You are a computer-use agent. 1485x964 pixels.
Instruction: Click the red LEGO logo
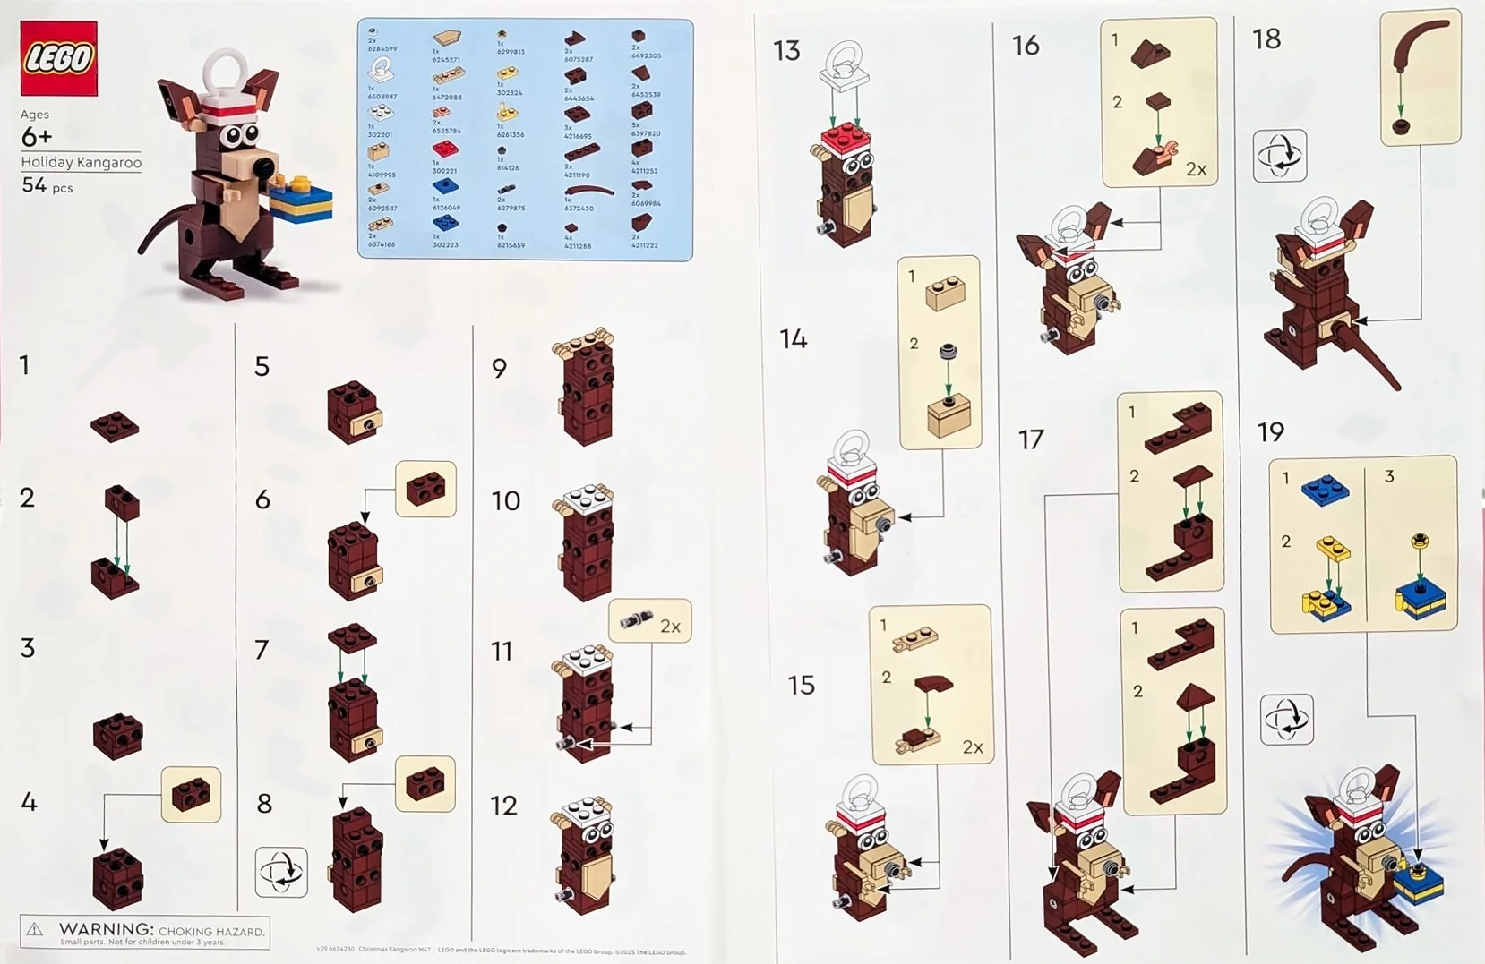[59, 58]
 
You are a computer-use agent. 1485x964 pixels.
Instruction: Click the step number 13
[786, 51]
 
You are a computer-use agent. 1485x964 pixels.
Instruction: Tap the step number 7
[262, 649]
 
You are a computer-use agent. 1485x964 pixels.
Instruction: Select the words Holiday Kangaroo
[82, 162]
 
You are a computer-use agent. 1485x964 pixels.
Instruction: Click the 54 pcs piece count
[47, 185]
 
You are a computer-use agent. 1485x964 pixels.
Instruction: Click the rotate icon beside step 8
[281, 872]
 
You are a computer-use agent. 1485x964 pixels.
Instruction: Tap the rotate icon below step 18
[1279, 156]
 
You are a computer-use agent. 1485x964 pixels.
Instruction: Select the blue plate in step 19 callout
[1326, 491]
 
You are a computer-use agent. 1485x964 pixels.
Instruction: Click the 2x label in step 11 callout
[670, 627]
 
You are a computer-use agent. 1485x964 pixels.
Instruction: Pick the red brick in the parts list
[445, 149]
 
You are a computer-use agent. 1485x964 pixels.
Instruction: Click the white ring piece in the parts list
[381, 69]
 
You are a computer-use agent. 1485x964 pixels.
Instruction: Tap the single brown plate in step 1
[115, 426]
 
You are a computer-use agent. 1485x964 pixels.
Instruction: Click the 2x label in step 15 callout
[972, 747]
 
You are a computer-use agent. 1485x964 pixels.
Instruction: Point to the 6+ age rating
[36, 137]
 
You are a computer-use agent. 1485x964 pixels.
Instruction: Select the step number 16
[1026, 46]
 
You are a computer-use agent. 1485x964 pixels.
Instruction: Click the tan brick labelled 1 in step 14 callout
[944, 293]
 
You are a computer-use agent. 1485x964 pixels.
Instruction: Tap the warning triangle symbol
[35, 931]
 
